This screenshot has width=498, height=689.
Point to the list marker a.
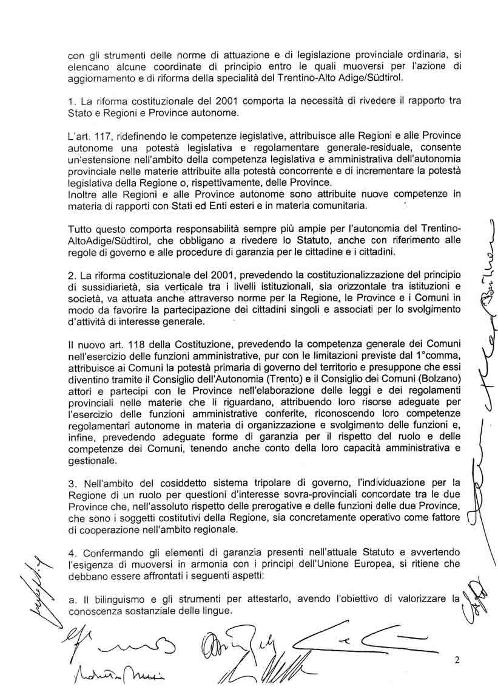70,600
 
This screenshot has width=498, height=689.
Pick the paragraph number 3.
71,484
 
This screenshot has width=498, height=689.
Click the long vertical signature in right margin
477,377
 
